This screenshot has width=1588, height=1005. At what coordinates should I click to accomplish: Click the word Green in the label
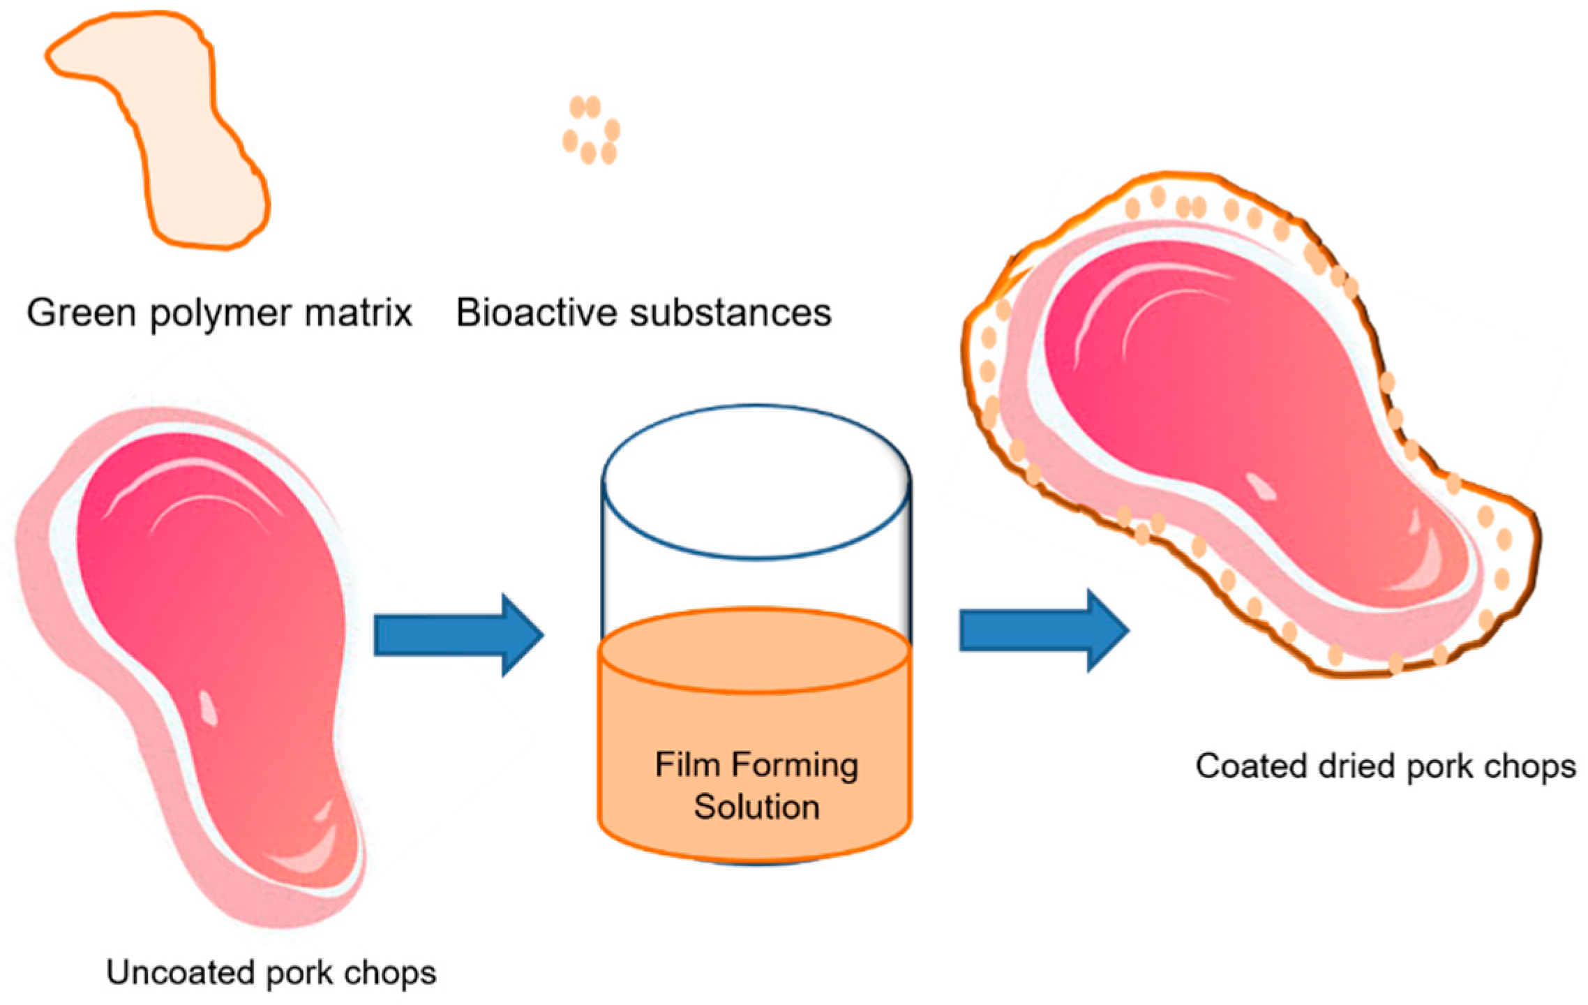point(81,313)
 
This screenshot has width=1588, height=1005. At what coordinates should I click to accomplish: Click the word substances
point(731,313)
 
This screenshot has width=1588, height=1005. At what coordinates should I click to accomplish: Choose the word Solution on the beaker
point(756,807)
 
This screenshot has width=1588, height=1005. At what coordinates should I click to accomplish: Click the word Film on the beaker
point(687,765)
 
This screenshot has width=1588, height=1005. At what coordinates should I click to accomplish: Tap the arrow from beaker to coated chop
point(1044,630)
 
